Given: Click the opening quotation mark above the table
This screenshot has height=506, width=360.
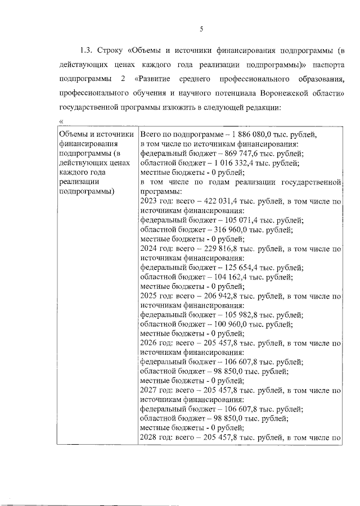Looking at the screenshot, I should click(x=60, y=122).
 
